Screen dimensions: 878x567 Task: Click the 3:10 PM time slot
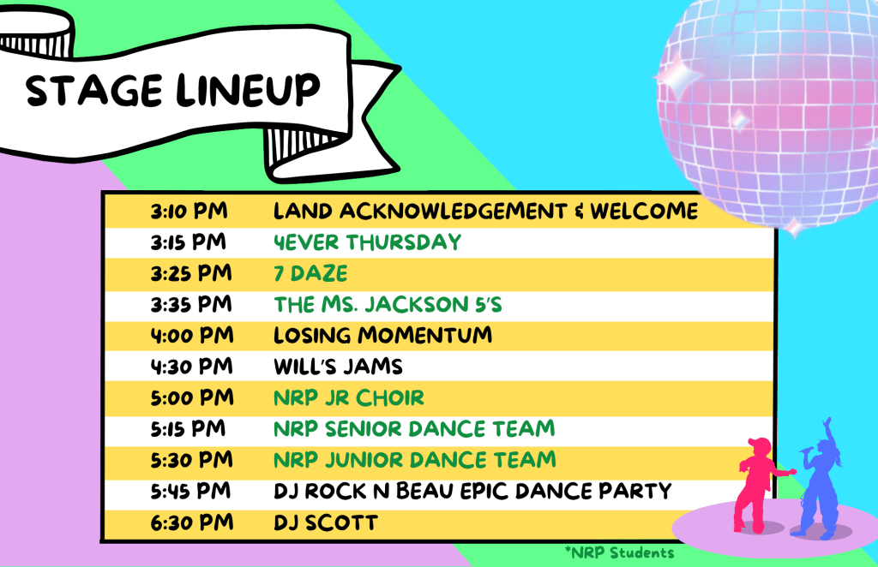tap(189, 212)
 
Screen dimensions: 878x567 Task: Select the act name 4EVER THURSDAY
tap(367, 242)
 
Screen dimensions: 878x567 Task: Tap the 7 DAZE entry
tap(310, 273)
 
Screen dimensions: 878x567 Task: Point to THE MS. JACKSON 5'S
tap(388, 305)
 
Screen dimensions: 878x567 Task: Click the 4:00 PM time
tap(192, 336)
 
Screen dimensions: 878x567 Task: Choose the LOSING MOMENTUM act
tap(382, 336)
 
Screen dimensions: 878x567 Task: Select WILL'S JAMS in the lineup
tap(338, 367)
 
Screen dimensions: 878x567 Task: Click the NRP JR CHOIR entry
tap(349, 398)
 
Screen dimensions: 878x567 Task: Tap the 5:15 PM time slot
tap(188, 429)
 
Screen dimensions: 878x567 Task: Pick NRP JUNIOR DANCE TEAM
tap(414, 460)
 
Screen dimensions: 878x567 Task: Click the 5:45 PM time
tap(190, 492)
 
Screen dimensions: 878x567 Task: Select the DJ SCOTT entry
tap(325, 522)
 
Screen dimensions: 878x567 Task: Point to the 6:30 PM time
tap(192, 522)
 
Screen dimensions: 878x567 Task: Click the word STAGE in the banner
tap(94, 91)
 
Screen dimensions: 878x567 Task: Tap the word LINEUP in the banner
tap(248, 89)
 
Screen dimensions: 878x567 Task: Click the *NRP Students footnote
tap(619, 553)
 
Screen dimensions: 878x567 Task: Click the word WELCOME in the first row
tap(644, 212)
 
